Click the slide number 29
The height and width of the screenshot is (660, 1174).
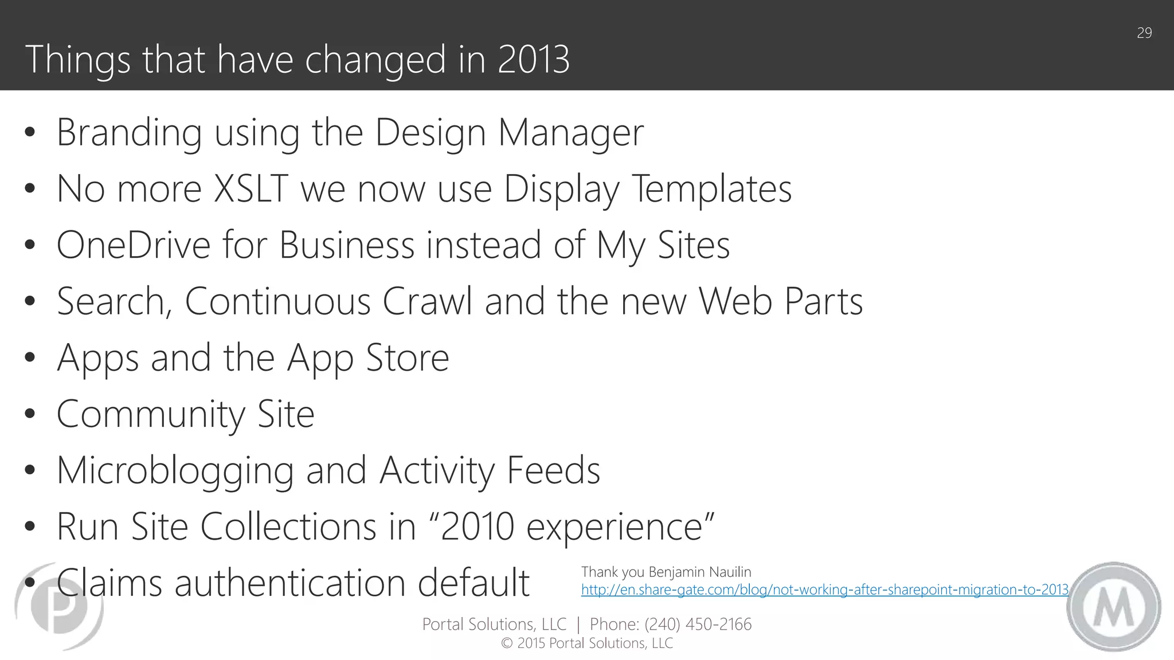(x=1144, y=33)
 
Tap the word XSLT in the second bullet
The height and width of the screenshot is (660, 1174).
(x=251, y=188)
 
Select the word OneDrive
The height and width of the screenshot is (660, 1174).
(x=134, y=245)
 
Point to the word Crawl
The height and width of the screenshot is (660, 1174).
(x=427, y=301)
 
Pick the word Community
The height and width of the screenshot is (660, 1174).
(x=151, y=414)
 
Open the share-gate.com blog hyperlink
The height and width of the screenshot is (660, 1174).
(x=824, y=590)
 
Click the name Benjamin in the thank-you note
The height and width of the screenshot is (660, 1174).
(x=678, y=572)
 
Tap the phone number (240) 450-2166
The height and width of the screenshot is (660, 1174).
(x=698, y=624)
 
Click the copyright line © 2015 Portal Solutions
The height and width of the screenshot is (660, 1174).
(x=586, y=643)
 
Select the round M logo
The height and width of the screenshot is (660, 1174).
(x=1113, y=606)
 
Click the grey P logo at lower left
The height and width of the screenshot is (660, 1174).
(x=59, y=606)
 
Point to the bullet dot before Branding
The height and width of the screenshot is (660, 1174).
(x=30, y=133)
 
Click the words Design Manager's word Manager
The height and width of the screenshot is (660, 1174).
(x=570, y=133)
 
